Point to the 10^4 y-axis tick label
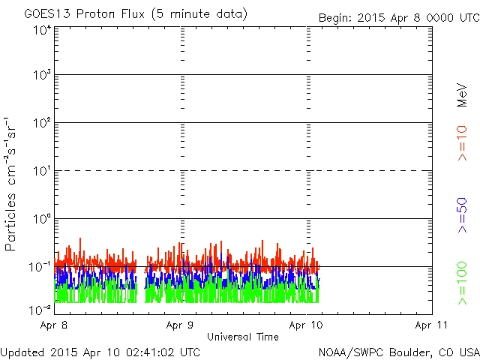42,31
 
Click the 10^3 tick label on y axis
42,75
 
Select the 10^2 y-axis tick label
42,123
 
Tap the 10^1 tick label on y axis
42,171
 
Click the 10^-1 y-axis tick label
40,267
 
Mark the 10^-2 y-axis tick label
40,309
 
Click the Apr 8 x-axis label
57,325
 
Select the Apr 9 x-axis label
182,325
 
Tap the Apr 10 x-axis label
307,325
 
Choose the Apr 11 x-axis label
430,325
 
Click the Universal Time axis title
242,337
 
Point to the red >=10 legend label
462,142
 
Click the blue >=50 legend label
462,214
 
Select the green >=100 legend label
462,283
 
